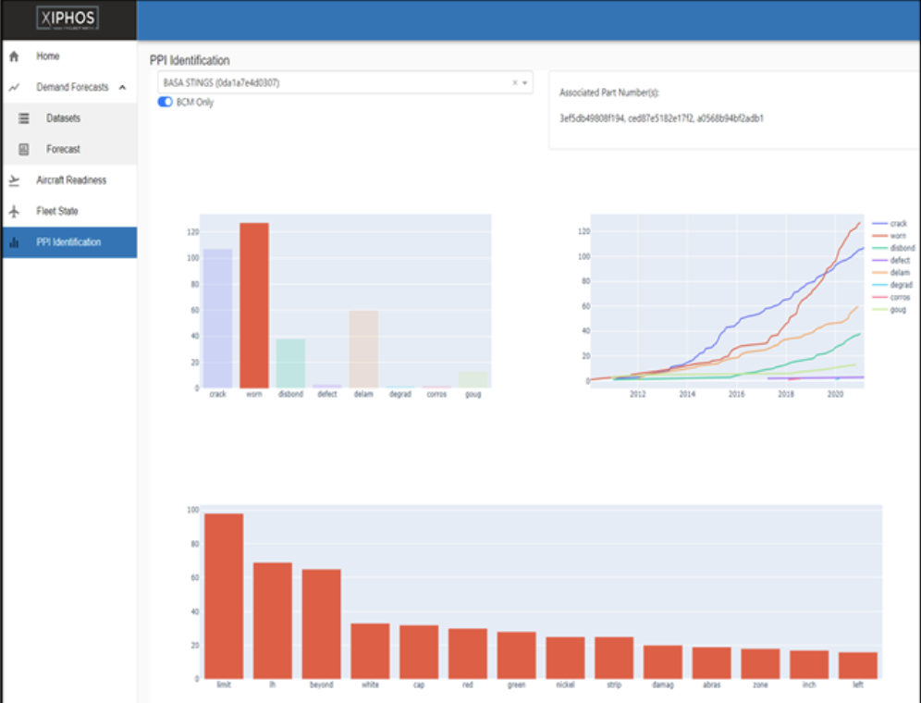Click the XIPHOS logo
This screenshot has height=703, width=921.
pos(68,18)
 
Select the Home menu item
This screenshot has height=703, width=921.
pos(47,56)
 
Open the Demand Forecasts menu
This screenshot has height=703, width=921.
pos(72,87)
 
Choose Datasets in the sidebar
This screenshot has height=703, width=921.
pos(63,118)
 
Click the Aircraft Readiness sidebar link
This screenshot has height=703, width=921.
pos(71,180)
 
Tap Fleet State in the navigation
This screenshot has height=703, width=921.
pos(56,211)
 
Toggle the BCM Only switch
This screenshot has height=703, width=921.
pos(166,102)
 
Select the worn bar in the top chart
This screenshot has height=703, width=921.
pos(254,305)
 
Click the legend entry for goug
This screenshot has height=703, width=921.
pos(899,309)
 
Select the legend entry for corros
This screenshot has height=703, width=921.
pos(899,297)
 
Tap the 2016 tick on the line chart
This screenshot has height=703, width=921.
pos(736,394)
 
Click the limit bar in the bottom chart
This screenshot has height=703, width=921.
pos(224,596)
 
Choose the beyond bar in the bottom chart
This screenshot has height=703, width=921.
pos(321,623)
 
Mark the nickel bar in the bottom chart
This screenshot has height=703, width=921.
pos(565,657)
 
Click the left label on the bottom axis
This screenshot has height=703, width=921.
pos(857,687)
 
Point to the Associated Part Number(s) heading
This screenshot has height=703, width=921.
pos(608,93)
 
